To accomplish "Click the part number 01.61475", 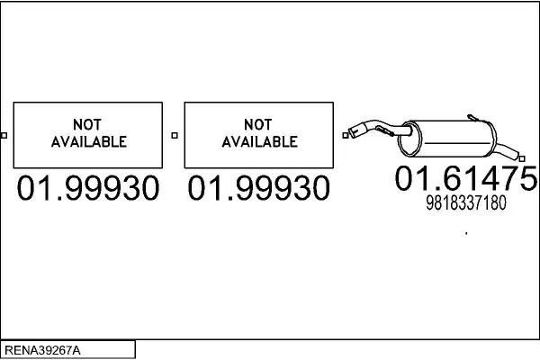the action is pos(466,178).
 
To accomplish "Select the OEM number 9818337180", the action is pos(466,202).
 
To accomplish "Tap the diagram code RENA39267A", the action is pos(42,350).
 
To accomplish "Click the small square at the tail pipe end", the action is pos(522,158).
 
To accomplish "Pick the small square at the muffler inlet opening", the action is pos(346,135).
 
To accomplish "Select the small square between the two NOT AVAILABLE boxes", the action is pos(175,135).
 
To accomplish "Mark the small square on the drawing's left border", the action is pos(4,135).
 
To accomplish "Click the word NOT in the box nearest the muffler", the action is pos(258,125).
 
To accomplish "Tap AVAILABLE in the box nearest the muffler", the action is pos(260,141).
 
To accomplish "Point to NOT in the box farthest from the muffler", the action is pos(87,125).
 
